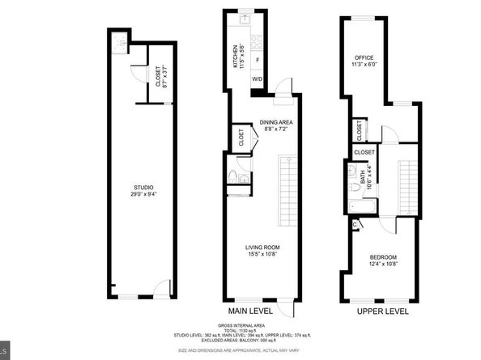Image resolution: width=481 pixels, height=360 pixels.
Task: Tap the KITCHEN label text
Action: point(236,56)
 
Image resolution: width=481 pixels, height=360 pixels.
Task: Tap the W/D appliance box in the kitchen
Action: point(257,79)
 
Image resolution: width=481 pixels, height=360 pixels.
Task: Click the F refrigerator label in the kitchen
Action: point(258,59)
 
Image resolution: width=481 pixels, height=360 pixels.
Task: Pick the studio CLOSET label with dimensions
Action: point(157,76)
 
